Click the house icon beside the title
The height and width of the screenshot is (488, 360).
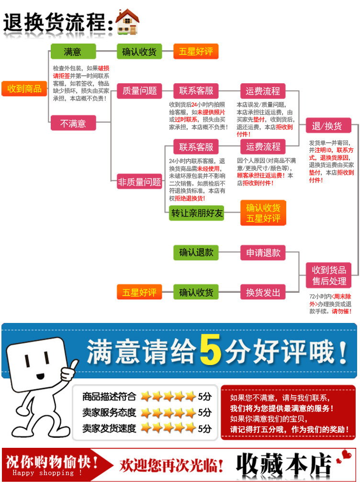[x=128, y=22]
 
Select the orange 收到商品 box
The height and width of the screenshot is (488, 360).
[x=24, y=89]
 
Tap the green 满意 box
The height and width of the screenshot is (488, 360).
[x=73, y=52]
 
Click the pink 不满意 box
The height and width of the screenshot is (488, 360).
[x=73, y=123]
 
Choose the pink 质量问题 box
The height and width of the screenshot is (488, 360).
[x=139, y=91]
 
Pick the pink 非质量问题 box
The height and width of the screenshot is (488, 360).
[x=139, y=182]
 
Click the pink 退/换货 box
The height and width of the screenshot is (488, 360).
[x=328, y=126]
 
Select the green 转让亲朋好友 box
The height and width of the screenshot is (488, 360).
[x=197, y=213]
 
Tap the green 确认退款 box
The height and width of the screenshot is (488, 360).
[x=196, y=252]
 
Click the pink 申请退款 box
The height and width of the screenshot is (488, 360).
[x=263, y=253]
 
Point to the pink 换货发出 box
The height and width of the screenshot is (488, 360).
[x=263, y=292]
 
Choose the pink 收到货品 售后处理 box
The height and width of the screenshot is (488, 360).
[x=329, y=275]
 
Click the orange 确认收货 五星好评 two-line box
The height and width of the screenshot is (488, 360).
[x=263, y=213]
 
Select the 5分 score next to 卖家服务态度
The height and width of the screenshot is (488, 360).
[x=204, y=412]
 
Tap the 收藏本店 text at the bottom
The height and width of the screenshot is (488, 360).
[x=284, y=464]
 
